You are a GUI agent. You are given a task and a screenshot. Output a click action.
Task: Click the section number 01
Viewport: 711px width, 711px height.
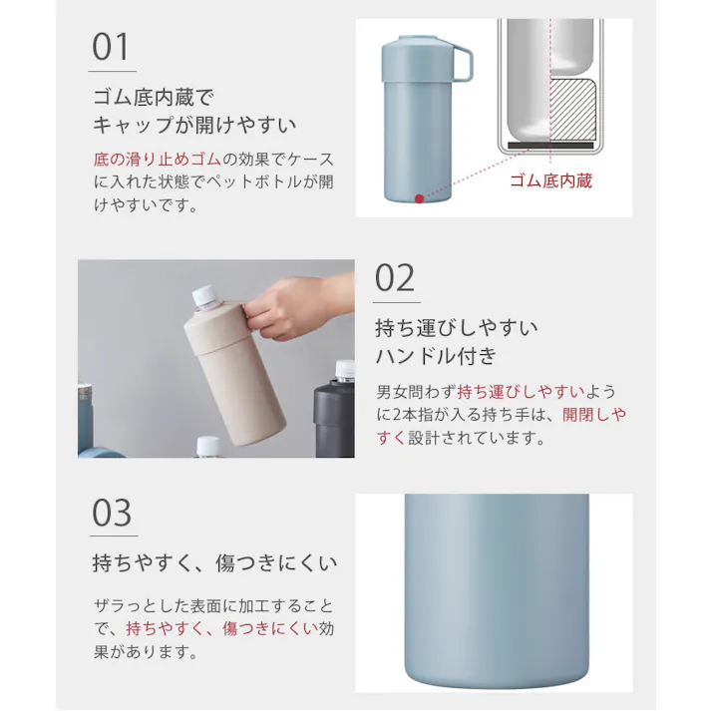click(111, 47)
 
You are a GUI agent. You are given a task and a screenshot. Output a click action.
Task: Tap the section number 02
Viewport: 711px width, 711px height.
click(395, 278)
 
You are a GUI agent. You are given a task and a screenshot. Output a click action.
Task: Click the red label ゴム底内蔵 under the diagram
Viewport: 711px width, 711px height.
click(551, 180)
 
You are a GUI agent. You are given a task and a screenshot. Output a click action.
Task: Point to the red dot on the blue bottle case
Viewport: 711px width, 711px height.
click(420, 198)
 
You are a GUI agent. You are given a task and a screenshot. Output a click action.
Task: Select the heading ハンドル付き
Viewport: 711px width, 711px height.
click(435, 357)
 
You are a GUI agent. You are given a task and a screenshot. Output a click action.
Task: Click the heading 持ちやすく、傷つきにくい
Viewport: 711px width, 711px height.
click(214, 563)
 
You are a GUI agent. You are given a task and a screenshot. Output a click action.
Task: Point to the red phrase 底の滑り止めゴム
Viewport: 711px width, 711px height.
click(156, 160)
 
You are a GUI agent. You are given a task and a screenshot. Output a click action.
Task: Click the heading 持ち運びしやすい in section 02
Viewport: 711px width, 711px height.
click(457, 328)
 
